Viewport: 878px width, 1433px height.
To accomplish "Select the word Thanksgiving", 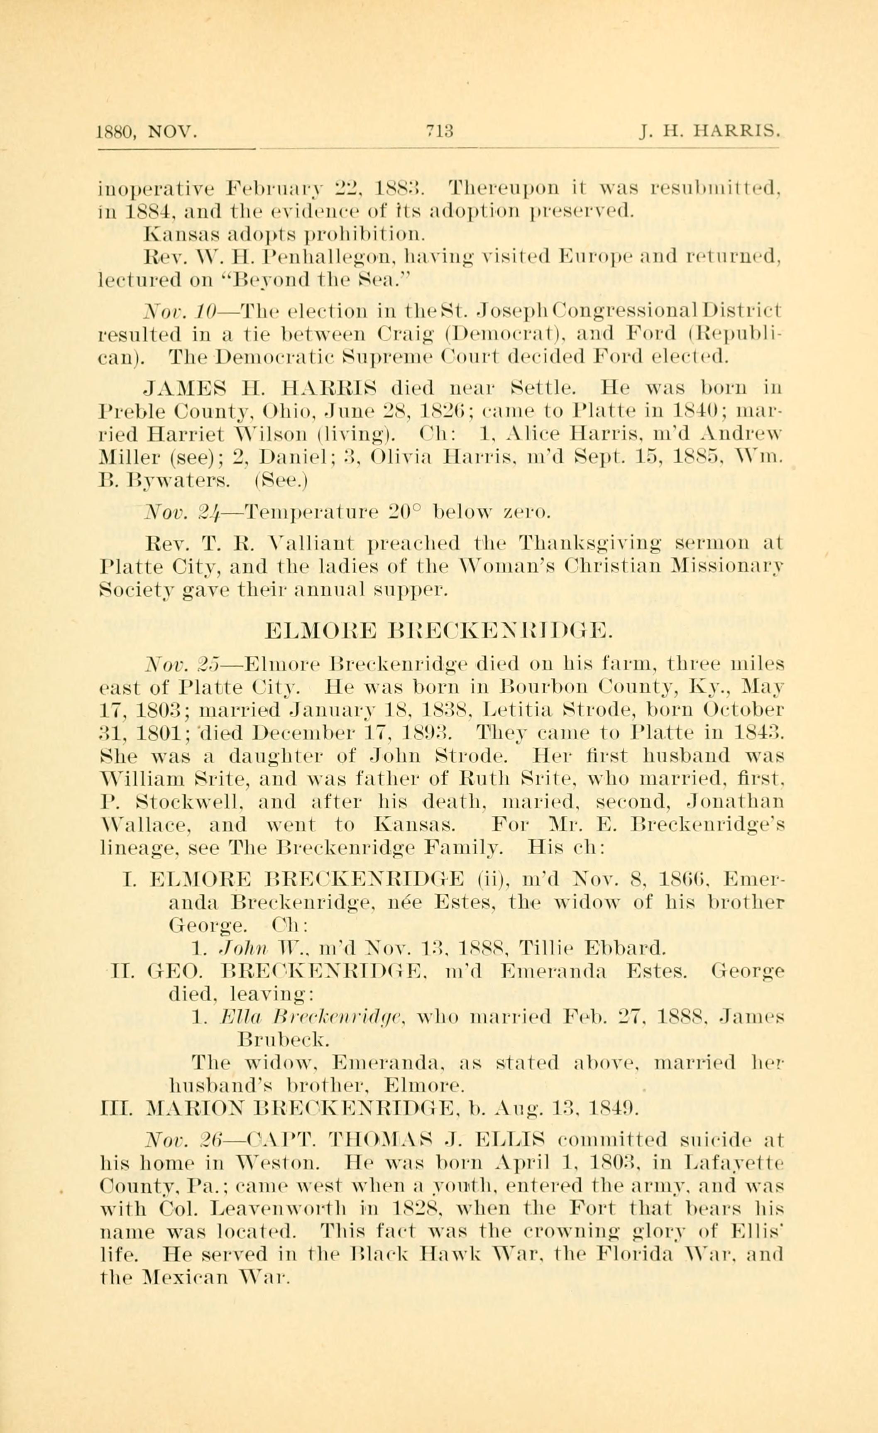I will [588, 544].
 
